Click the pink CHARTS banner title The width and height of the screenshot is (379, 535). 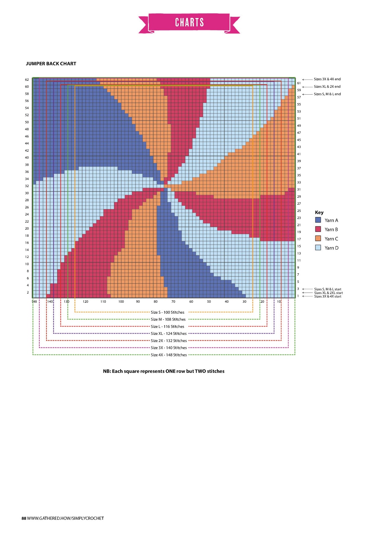[x=189, y=23]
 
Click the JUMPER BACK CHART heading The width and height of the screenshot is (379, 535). [x=51, y=64]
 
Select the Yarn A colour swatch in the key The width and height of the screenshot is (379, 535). [x=318, y=220]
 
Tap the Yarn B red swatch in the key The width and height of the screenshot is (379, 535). [x=318, y=229]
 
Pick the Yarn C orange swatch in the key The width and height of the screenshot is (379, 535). [x=318, y=238]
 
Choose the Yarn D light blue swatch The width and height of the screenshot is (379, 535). [x=318, y=248]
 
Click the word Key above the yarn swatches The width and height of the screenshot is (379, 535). [x=319, y=212]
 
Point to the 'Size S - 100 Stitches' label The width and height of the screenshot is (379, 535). [x=167, y=312]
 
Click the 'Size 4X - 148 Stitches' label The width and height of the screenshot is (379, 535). [x=169, y=355]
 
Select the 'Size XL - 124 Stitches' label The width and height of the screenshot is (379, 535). [x=169, y=333]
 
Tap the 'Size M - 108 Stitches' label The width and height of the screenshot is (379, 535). [x=168, y=319]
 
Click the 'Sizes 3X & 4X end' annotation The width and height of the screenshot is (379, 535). [x=327, y=79]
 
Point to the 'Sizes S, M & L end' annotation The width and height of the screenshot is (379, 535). [x=327, y=94]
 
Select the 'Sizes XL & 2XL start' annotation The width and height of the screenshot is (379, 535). [x=328, y=293]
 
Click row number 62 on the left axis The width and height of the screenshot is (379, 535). [x=27, y=80]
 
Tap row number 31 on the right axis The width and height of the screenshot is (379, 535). [x=299, y=190]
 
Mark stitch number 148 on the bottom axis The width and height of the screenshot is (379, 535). [x=34, y=302]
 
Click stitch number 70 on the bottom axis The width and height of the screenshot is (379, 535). [x=173, y=302]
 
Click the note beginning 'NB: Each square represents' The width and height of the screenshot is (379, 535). [x=164, y=371]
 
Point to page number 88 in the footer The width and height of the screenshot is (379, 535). [x=24, y=518]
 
